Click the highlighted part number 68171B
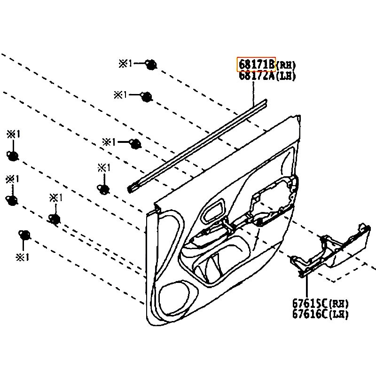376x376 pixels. coord(256,64)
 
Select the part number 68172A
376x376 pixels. coord(256,75)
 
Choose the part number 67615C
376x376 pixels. coord(310,303)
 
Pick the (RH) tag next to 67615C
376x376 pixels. coord(339,304)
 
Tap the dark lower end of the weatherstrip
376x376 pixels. coord(133,188)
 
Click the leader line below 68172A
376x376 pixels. coord(253,92)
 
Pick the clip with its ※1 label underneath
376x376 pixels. coord(23,235)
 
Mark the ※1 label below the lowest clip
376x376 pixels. coord(22,258)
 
